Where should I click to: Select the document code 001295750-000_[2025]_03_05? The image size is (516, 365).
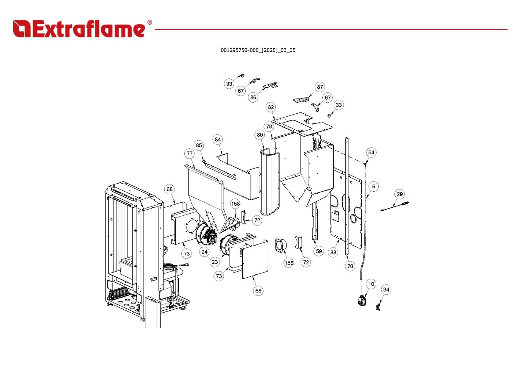(258, 50)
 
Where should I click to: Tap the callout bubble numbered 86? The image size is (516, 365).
(253, 97)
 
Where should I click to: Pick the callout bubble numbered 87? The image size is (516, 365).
(320, 87)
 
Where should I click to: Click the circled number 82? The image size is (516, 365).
(271, 107)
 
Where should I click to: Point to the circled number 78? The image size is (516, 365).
(269, 126)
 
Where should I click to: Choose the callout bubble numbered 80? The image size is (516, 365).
(260, 134)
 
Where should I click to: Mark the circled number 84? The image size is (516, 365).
(218, 139)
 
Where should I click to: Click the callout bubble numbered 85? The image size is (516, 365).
(199, 145)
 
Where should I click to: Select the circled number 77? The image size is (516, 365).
(190, 153)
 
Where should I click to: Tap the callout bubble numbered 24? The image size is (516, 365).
(204, 251)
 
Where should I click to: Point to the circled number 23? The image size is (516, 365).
(215, 262)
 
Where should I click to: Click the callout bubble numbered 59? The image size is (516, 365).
(319, 251)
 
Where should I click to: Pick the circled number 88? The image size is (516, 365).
(333, 252)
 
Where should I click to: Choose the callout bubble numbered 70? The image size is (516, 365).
(350, 266)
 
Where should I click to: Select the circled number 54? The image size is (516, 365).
(371, 152)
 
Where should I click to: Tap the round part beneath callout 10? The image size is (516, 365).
(362, 301)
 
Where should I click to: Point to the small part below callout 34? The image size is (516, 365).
(378, 306)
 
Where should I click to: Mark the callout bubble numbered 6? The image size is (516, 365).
(374, 186)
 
